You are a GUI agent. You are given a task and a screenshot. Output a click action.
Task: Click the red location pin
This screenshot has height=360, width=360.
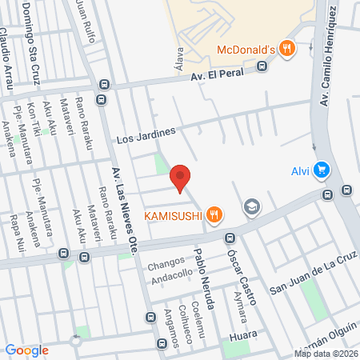[181, 178]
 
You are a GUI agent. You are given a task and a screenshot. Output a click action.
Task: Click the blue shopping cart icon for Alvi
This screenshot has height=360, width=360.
[322, 169]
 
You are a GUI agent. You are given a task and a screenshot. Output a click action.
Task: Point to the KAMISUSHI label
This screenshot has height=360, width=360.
[172, 214]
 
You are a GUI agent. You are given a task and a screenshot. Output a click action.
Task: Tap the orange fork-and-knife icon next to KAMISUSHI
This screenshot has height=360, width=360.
[213, 214]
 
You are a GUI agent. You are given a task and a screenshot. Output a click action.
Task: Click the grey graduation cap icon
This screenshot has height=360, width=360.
[252, 207]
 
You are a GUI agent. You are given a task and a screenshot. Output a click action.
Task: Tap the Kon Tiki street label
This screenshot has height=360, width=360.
[30, 121]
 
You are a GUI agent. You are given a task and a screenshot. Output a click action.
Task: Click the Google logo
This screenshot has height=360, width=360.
[26, 350]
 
